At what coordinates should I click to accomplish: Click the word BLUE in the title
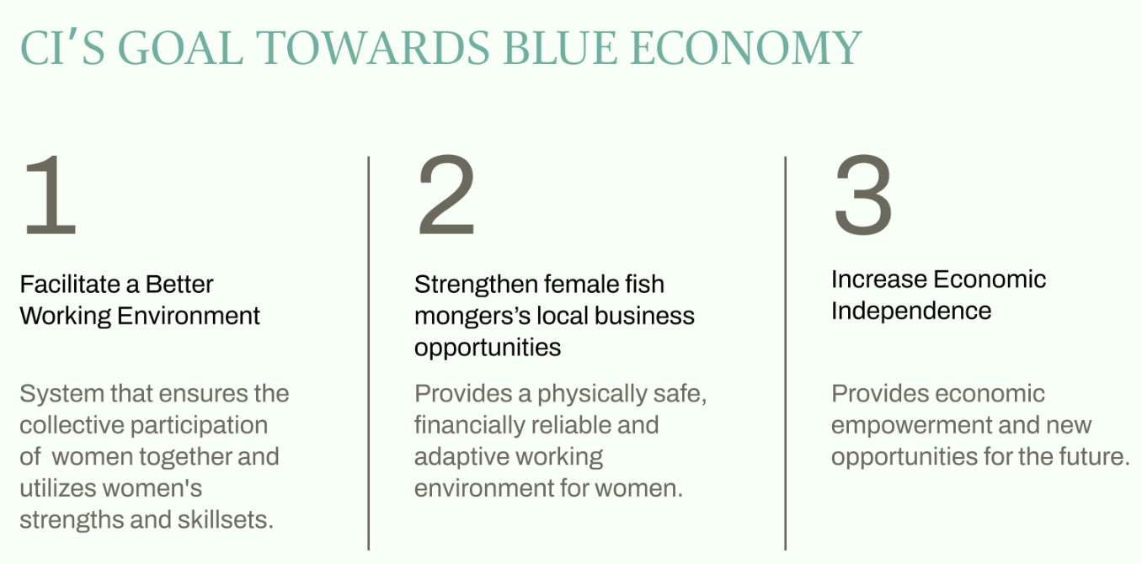pyautogui.click(x=560, y=48)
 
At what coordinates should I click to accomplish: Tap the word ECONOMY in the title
pyautogui.click(x=746, y=48)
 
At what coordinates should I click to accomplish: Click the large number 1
pyautogui.click(x=51, y=194)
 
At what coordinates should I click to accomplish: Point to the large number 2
pyautogui.click(x=446, y=194)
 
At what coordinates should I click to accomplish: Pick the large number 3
pyautogui.click(x=863, y=194)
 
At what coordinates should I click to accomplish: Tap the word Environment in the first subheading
pyautogui.click(x=189, y=316)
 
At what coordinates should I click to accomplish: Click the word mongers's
pyautogui.click(x=472, y=317)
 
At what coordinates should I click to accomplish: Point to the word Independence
pyautogui.click(x=911, y=311)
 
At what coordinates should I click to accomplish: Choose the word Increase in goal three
pyautogui.click(x=879, y=279)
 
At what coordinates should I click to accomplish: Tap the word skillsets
pyautogui.click(x=226, y=520)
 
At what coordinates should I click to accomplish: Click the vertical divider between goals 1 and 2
pyautogui.click(x=369, y=353)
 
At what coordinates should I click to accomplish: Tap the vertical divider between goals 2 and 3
pyautogui.click(x=786, y=353)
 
